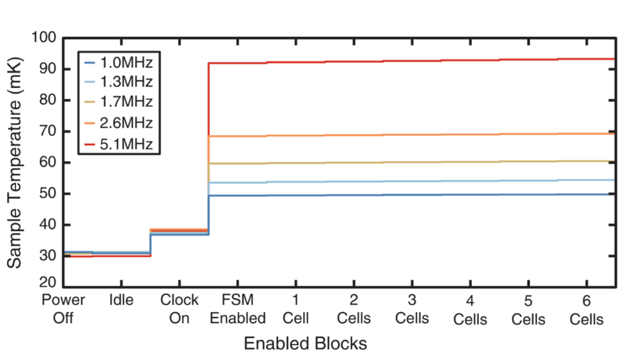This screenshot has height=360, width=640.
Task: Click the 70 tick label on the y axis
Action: (47, 132)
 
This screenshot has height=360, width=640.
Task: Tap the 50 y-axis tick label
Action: (47, 194)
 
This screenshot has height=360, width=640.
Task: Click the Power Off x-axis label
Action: (63, 309)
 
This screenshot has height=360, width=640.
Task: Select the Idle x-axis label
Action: (121, 300)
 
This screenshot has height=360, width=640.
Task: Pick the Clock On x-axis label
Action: (179, 309)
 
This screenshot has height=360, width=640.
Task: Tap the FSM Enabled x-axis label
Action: (237, 309)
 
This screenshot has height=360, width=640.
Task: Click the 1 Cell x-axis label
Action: (296, 309)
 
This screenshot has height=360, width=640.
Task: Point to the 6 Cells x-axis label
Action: (587, 309)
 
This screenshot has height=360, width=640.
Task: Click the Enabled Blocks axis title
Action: (305, 343)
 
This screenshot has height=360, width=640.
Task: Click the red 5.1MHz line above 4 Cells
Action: (470, 60)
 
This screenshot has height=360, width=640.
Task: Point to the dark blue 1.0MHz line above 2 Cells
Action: (354, 195)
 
